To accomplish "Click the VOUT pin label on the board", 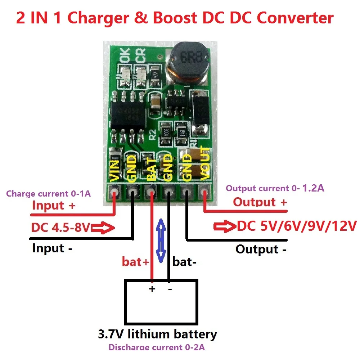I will pos(204,164).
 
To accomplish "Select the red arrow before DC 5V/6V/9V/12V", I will pos(224,227).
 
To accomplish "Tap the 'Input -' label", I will pos(53,248).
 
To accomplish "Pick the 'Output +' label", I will pos(260,202).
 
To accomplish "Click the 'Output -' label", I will pos(261,249).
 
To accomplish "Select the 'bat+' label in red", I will pos(135,262).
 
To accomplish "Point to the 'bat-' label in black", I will pos(184,262).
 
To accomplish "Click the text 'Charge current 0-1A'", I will pos(48,194).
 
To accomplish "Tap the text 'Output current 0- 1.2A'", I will pos(275,188).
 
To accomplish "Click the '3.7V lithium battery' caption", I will pos(157,334).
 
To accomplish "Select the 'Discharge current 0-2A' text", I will pos(157,348).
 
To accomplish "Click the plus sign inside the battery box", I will pos(152,289).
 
